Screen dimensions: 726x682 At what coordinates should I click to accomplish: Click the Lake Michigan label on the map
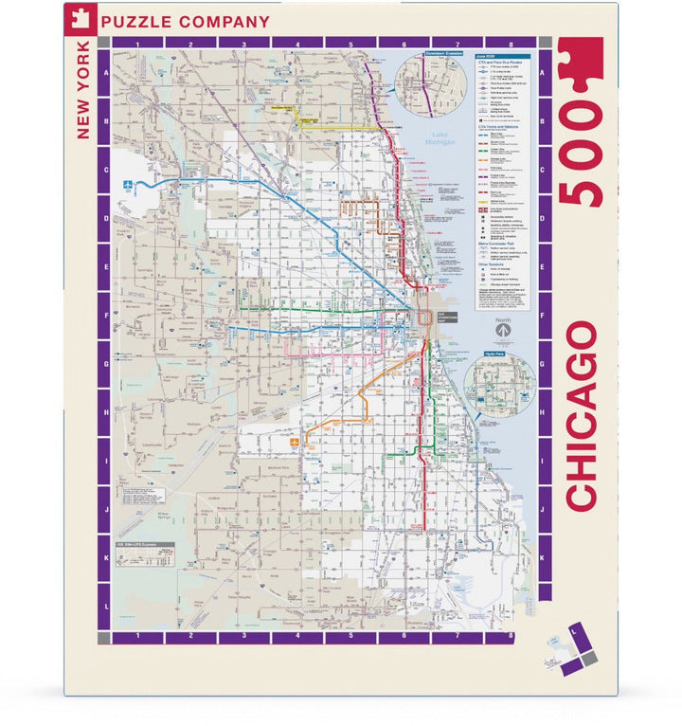click(x=440, y=138)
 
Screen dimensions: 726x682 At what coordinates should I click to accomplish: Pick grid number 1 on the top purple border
click(x=138, y=44)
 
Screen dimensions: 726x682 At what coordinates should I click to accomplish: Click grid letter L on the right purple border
click(x=544, y=604)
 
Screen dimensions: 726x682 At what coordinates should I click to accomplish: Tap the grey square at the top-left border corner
click(x=104, y=44)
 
